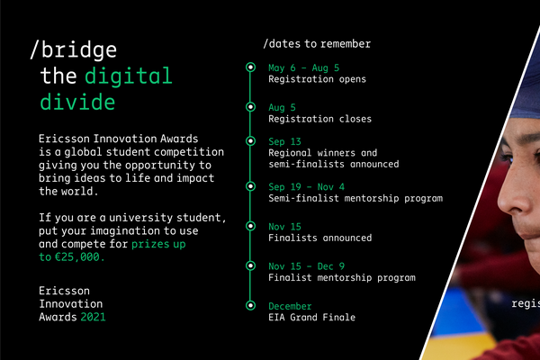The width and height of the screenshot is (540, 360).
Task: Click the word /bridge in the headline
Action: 74,50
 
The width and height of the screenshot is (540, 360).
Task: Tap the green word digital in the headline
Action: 128,76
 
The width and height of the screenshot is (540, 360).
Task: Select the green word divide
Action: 77,102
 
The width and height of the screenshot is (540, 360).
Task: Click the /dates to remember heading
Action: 317,44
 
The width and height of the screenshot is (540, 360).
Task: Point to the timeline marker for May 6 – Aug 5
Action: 251,67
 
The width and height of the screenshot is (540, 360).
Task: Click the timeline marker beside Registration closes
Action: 251,107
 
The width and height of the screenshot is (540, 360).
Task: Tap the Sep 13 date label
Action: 284,141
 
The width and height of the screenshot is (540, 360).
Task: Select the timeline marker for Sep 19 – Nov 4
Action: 251,186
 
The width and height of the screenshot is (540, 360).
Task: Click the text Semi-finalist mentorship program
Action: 355,198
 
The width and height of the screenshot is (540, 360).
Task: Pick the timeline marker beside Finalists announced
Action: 251,226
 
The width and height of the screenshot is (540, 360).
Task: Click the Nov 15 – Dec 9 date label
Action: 307,266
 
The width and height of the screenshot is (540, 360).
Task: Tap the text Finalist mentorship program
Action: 342,278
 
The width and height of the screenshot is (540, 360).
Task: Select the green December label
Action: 290,306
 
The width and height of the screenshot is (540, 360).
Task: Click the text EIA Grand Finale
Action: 312,318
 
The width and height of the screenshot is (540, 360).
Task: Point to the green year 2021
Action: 93,317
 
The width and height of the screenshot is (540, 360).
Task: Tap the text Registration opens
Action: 317,79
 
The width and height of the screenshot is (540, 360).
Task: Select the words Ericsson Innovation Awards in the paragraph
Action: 119,139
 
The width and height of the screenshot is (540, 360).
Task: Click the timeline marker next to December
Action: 251,305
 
